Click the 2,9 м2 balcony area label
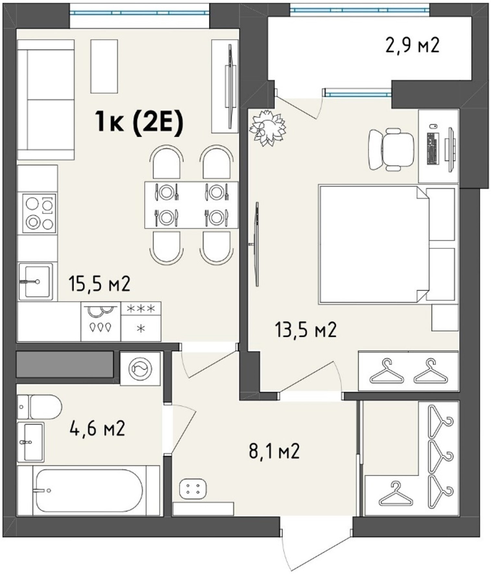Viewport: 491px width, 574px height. [412, 45]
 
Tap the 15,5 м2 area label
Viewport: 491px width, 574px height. [99, 284]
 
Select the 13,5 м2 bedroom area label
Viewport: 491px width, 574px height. [305, 330]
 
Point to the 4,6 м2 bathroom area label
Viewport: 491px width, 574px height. [97, 428]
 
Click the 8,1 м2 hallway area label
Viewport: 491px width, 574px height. [274, 451]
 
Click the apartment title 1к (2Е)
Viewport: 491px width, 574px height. [139, 122]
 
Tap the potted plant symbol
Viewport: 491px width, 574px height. [268, 128]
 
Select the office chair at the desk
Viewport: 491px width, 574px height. [391, 149]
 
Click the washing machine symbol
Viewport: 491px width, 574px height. [140, 369]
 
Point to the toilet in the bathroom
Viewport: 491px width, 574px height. [40, 407]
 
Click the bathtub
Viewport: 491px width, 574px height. [89, 491]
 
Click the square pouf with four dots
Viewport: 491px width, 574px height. [193, 489]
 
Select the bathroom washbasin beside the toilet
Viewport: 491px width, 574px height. [30, 442]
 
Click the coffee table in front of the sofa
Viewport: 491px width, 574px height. [104, 66]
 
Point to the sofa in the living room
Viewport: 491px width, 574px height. [46, 100]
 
